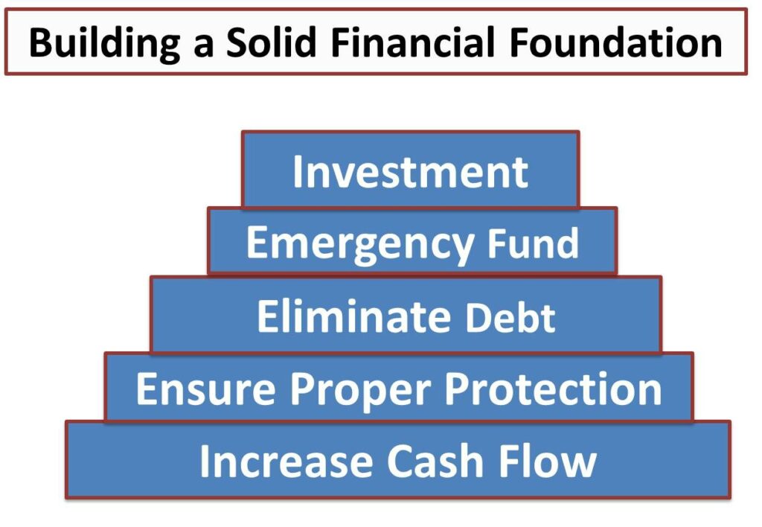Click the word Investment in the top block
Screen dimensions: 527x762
pos(410,172)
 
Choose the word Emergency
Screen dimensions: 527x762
pos(359,243)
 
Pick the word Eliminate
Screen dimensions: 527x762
pos(353,316)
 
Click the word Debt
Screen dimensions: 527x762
pos(510,318)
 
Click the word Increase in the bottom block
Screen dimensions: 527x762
pos(286,461)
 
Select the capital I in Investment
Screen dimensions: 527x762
pos(298,172)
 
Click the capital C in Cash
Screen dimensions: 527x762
pos(403,461)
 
